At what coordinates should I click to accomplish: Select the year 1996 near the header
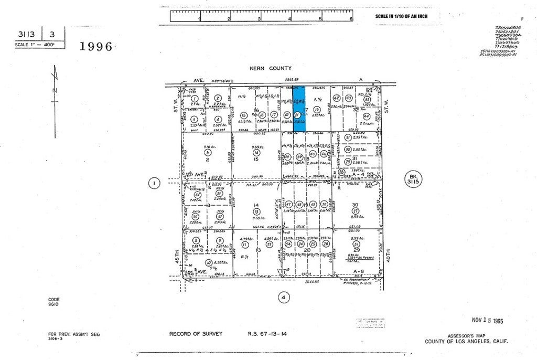96,46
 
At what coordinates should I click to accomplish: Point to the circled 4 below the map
283,298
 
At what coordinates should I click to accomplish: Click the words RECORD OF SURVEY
196,334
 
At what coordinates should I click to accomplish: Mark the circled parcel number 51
357,244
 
